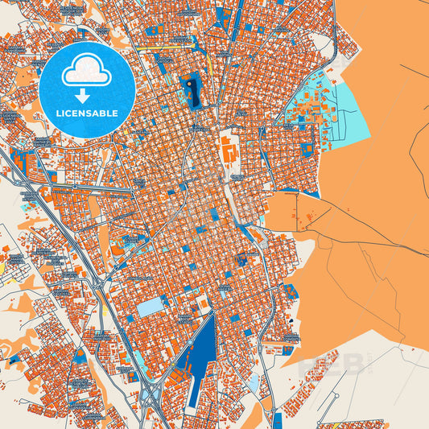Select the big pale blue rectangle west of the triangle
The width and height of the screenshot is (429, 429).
148,307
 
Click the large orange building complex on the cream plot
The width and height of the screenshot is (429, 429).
229,150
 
